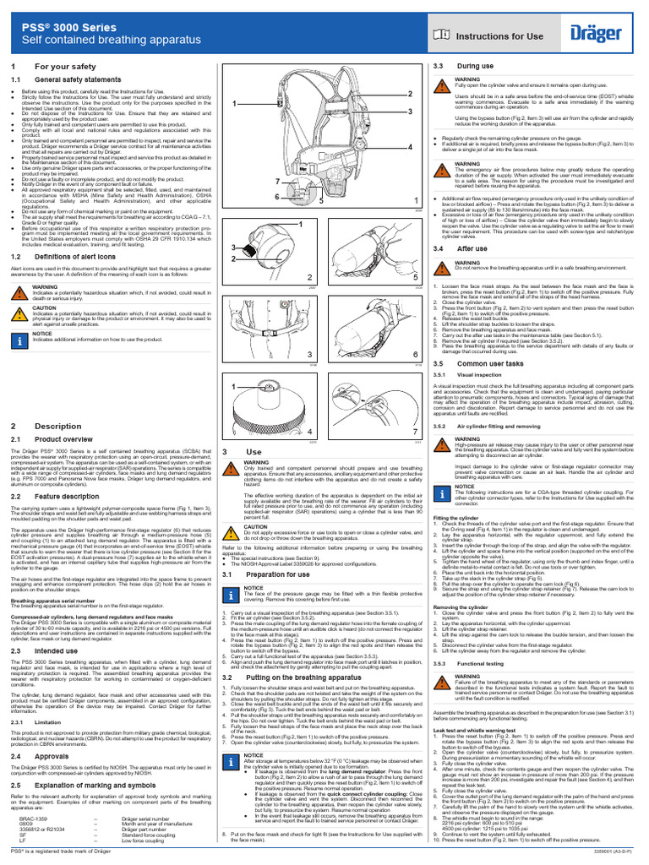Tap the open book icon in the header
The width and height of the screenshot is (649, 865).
[x=442, y=36]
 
